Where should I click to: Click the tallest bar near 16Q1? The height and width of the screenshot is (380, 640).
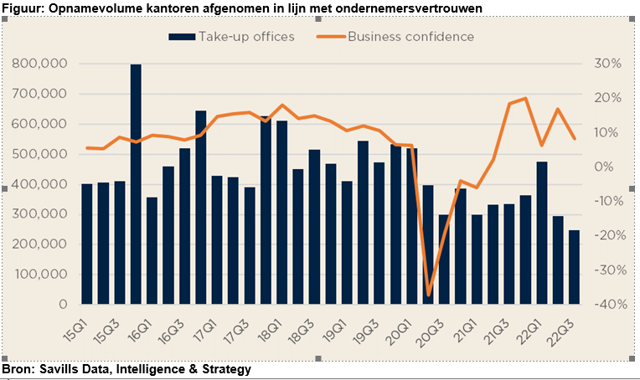tap(136, 184)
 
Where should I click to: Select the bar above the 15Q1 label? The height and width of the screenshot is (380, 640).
tap(86, 244)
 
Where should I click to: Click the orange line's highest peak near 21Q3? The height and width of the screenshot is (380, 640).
tap(525, 99)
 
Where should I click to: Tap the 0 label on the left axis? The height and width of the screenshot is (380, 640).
tap(64, 304)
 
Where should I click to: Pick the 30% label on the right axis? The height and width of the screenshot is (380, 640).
tap(606, 64)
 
